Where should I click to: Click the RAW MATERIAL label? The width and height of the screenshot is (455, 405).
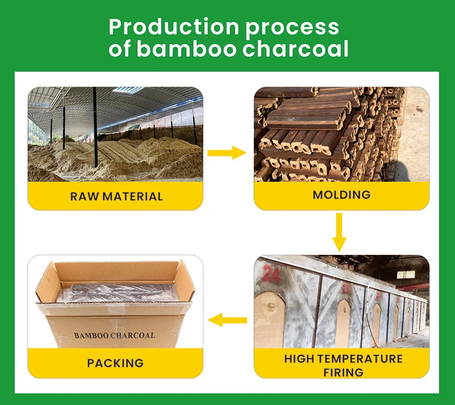[117, 196]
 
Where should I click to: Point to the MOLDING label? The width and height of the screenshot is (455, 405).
[342, 195]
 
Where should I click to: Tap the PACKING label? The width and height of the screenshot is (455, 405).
[115, 363]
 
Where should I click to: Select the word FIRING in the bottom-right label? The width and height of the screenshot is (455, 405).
[343, 372]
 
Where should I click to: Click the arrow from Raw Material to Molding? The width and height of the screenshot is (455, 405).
[226, 152]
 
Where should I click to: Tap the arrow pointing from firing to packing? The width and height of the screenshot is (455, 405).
[226, 320]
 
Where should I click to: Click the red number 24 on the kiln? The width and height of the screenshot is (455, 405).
[271, 274]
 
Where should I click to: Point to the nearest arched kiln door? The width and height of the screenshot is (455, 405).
[270, 320]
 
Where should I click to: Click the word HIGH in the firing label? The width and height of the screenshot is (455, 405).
[299, 359]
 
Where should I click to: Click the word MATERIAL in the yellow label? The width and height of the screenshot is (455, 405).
[131, 196]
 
